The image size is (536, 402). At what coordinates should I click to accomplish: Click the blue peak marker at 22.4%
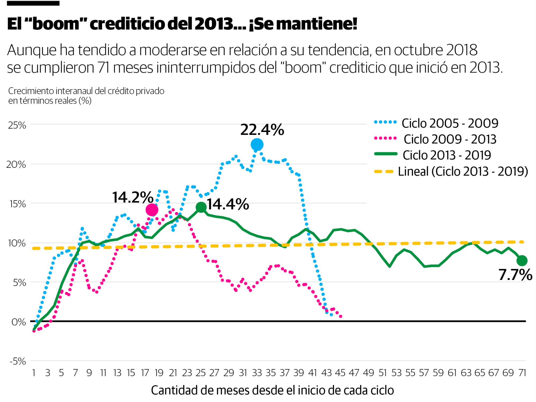coord(257,145)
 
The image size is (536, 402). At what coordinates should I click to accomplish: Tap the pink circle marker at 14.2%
coord(152,210)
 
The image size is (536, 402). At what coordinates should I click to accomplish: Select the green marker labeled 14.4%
coord(201,207)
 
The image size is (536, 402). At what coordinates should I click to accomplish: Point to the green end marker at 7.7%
coord(522,260)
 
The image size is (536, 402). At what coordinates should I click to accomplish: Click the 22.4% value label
coord(262,130)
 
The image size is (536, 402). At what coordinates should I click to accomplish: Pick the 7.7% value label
coord(515,275)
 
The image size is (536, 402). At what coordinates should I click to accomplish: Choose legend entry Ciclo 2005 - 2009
coord(450,123)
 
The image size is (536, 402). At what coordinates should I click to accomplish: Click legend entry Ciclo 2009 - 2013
coord(450,139)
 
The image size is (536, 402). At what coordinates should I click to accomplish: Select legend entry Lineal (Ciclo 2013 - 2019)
coord(463,171)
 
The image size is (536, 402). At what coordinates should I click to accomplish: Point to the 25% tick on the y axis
coord(17,125)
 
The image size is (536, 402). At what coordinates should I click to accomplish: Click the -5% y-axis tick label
coord(18,362)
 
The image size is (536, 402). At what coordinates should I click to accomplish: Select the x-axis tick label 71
coord(522,373)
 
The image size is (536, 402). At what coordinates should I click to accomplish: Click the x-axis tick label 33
coord(257,373)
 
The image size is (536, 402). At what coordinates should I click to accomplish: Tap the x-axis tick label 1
coord(34,373)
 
